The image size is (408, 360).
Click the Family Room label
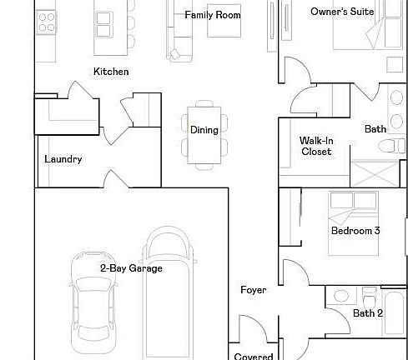click(213, 15)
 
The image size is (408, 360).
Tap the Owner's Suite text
click(342, 12)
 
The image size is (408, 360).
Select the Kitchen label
click(111, 72)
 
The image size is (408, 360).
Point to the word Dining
click(204, 130)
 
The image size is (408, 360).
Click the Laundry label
click(63, 159)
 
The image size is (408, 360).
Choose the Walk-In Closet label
click(316, 147)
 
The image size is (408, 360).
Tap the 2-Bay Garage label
click(131, 268)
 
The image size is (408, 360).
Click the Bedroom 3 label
click(355, 231)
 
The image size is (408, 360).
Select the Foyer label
click(253, 290)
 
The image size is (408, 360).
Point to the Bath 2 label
click(368, 313)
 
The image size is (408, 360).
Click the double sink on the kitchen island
click(106, 26)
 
